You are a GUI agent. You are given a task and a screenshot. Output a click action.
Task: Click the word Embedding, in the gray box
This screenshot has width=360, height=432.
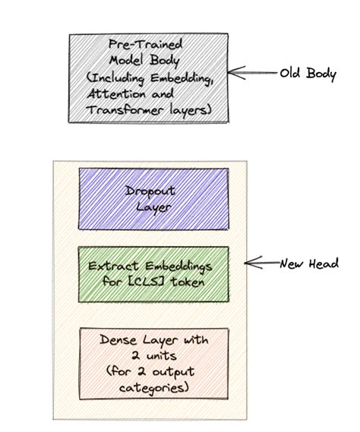[179, 79]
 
